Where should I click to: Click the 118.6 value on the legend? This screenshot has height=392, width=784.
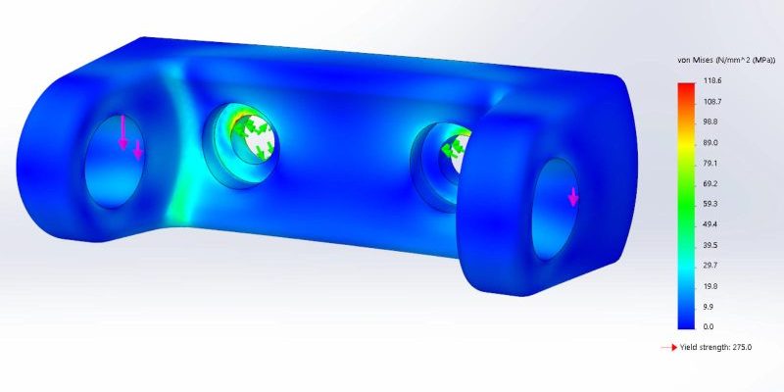[711, 80]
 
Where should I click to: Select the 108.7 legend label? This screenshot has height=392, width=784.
[711, 101]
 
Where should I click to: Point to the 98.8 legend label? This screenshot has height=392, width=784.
[711, 122]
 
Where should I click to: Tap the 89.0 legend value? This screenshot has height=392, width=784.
[711, 142]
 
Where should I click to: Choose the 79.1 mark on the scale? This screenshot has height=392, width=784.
[711, 163]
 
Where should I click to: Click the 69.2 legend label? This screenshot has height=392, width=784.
[711, 183]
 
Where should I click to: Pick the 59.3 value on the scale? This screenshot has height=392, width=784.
[711, 204]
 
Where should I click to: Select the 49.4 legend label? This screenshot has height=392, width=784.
[711, 224]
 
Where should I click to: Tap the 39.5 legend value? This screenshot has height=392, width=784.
[711, 245]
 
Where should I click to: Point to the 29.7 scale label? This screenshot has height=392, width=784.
[711, 266]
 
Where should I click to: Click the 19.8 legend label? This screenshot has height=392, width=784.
[711, 286]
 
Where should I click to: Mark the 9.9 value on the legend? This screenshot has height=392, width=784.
[710, 307]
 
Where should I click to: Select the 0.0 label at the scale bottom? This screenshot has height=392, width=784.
[710, 326]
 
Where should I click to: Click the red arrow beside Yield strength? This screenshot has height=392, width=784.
[669, 347]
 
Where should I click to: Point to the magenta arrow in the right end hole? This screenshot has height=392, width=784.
[573, 198]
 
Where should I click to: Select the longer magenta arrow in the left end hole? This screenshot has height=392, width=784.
[123, 132]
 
